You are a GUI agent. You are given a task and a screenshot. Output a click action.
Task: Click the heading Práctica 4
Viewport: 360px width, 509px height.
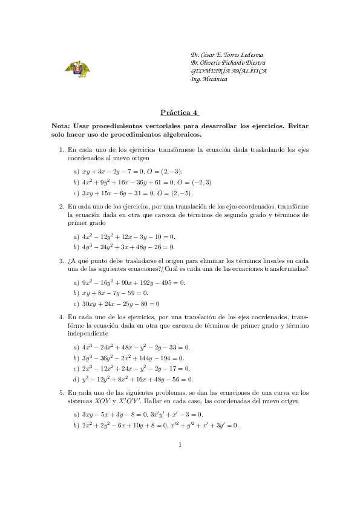[180, 112]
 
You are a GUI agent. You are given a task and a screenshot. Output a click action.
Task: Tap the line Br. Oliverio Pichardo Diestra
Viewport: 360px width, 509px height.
[227, 63]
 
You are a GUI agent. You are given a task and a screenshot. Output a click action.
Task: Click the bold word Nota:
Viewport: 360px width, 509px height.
[65, 126]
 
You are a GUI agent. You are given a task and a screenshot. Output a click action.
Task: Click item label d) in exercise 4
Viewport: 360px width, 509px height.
[76, 380]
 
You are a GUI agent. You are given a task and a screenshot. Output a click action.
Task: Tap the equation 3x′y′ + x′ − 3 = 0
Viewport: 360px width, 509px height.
[177, 414]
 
